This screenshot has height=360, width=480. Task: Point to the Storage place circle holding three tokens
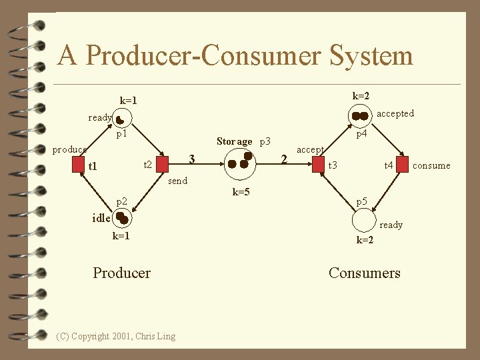point(241,162)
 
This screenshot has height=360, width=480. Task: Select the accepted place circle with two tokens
point(361,116)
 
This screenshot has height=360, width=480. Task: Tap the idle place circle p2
point(121,219)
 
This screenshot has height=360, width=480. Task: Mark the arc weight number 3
point(191,158)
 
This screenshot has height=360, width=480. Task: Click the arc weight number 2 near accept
point(284,158)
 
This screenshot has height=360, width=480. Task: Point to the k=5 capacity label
point(241,192)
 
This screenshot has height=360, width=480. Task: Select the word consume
point(431,165)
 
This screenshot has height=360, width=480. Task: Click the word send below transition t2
point(178,181)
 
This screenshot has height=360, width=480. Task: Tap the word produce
point(69,149)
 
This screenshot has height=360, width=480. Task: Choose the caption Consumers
point(365,273)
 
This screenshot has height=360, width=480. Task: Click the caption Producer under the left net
point(121,273)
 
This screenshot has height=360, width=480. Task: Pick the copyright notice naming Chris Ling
point(116,336)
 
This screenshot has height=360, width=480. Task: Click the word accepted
point(395,113)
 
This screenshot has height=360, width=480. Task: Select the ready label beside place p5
point(391,225)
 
